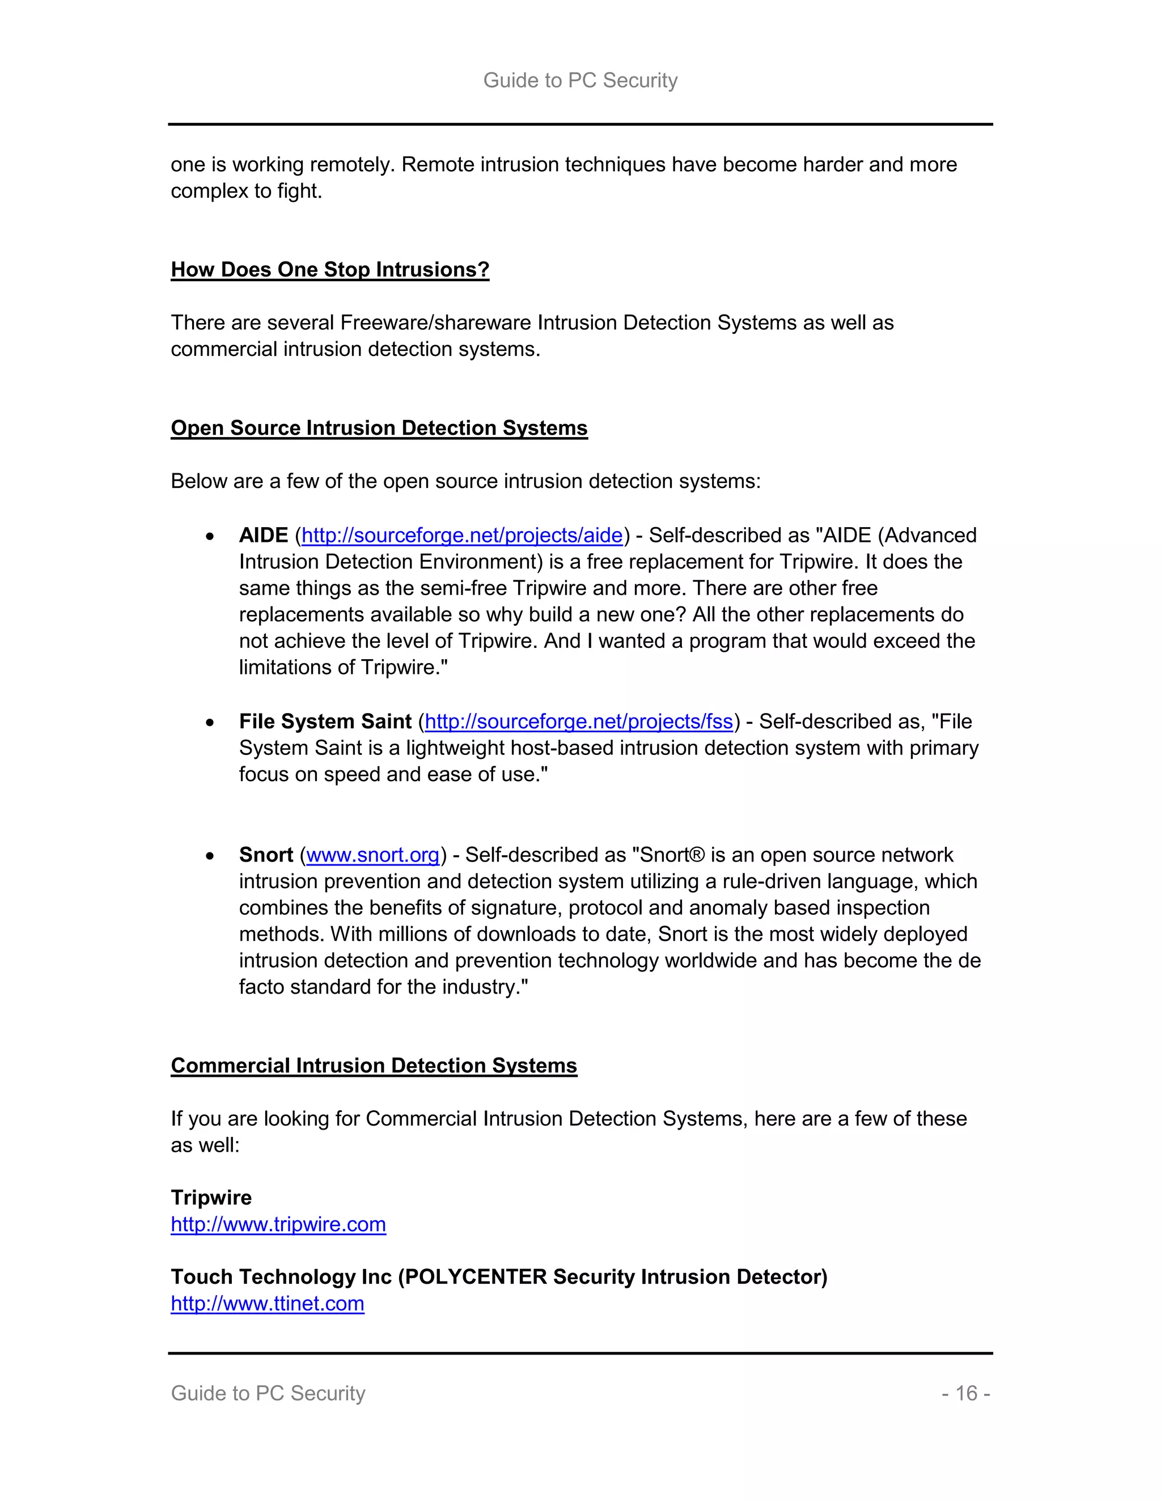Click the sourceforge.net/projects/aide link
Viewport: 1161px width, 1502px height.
[x=461, y=535]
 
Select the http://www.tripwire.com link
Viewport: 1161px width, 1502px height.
[x=278, y=1224]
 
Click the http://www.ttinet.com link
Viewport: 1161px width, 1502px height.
[x=267, y=1303]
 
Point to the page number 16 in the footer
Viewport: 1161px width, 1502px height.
[x=965, y=1393]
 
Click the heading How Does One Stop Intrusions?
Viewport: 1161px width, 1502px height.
[x=329, y=270]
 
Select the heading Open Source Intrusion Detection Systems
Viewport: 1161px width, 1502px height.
[x=379, y=428]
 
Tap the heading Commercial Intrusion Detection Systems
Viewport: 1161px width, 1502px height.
[x=374, y=1066]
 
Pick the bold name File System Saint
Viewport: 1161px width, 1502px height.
[x=325, y=722]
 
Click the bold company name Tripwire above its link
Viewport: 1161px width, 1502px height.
[x=210, y=1197]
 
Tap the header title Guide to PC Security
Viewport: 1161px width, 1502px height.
[x=580, y=80]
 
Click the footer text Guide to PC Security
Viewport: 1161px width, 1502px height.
[x=268, y=1393]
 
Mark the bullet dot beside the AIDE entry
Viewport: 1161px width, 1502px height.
[x=210, y=536]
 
